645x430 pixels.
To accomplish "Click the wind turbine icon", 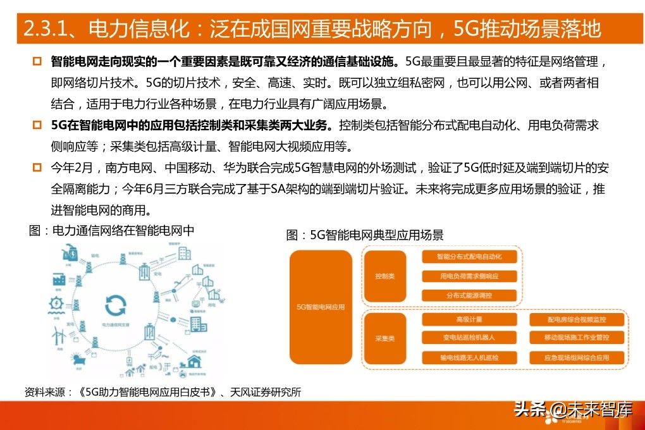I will click(x=56, y=332).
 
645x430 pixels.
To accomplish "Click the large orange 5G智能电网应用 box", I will click(x=321, y=307).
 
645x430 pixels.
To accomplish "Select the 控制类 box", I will click(x=384, y=276).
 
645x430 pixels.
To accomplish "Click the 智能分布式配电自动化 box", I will click(x=469, y=257).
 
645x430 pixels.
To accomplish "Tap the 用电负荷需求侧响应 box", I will click(x=469, y=276).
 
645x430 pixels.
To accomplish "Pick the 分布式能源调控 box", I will click(x=469, y=295).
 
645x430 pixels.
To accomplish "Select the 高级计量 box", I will click(x=469, y=319).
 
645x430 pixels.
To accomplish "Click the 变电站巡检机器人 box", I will click(x=469, y=338).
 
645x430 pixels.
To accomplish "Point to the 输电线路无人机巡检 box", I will click(x=469, y=358).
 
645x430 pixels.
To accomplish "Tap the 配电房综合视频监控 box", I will click(x=577, y=319).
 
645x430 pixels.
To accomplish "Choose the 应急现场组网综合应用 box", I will click(x=577, y=358).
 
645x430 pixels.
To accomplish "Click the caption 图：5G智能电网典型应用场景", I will click(x=365, y=235).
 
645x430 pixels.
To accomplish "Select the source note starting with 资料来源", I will click(x=163, y=392).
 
